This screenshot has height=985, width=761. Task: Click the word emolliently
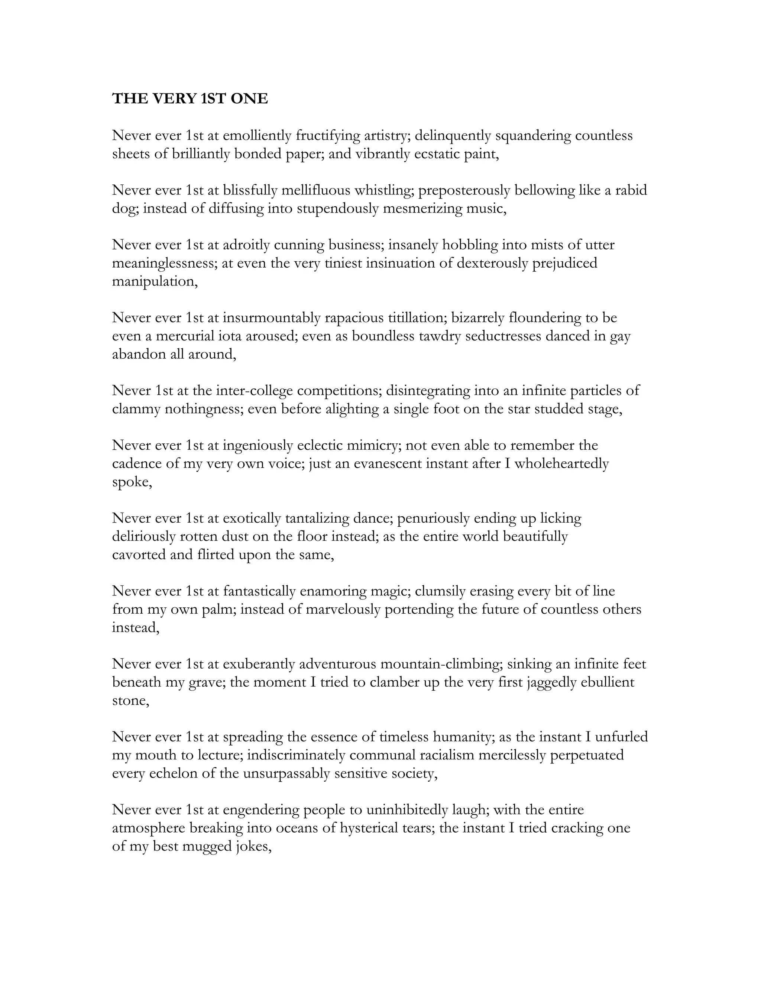point(258,135)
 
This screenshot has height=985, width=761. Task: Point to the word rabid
point(631,190)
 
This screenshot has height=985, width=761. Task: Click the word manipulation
point(155,281)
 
